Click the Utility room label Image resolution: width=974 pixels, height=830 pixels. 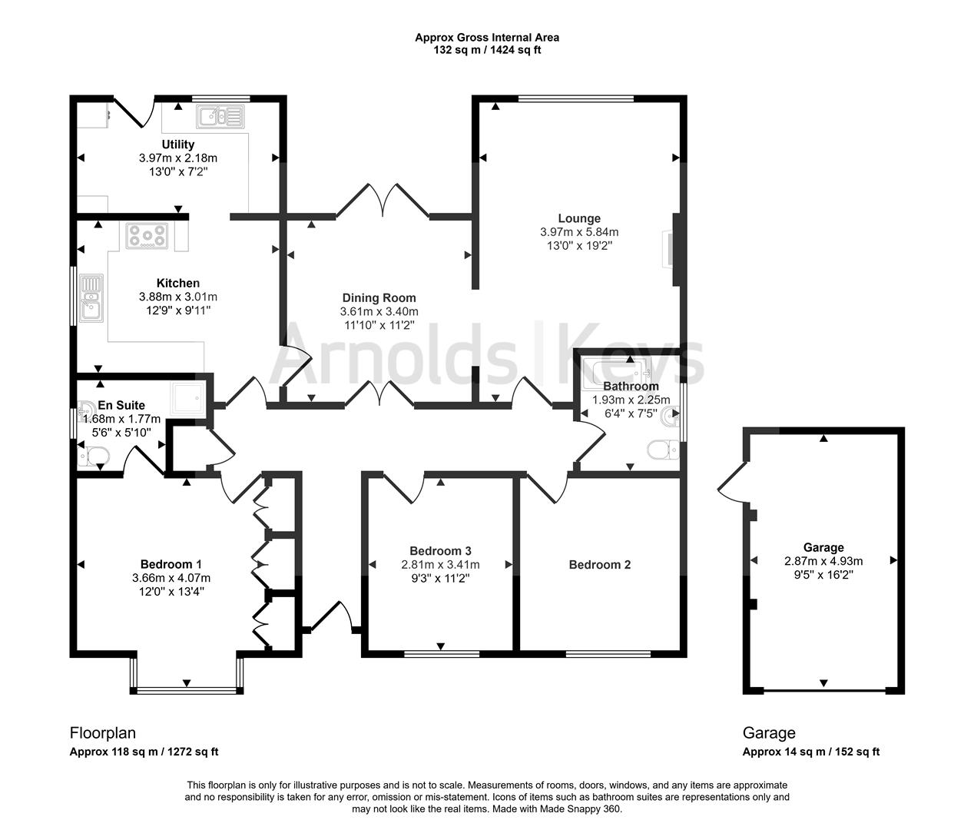click(x=177, y=144)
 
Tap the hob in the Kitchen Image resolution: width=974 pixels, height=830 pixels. click(x=147, y=236)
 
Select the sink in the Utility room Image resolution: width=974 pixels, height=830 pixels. click(x=220, y=117)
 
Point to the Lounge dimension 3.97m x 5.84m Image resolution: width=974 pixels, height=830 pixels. click(x=579, y=232)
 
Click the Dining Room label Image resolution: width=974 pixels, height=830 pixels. click(x=379, y=298)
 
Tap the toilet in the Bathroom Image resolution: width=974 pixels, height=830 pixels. click(x=663, y=450)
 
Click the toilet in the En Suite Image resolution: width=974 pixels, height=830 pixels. click(x=94, y=456)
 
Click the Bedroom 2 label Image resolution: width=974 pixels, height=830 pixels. click(x=599, y=565)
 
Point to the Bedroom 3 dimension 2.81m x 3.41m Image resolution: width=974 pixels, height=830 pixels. click(x=440, y=565)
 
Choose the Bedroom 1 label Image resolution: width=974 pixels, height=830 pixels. click(x=171, y=564)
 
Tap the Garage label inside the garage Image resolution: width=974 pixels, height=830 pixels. click(x=823, y=547)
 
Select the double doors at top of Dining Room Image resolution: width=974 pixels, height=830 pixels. click(x=383, y=201)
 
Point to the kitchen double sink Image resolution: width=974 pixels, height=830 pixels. click(x=91, y=298)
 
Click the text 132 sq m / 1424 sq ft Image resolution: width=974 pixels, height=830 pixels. click(x=487, y=50)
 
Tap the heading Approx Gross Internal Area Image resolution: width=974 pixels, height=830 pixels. click(x=487, y=37)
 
